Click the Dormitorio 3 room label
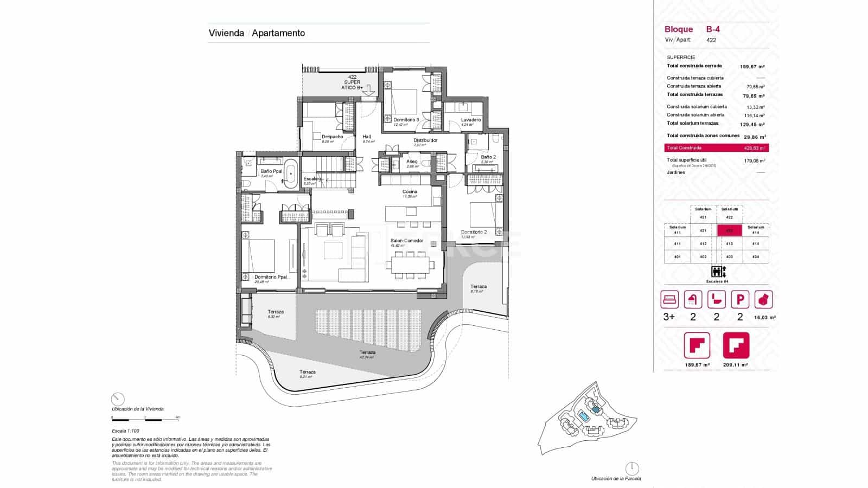click(x=406, y=119)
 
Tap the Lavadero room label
click(x=471, y=120)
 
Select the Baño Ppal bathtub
click(x=291, y=173)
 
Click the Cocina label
click(x=410, y=191)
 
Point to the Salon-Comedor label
click(x=407, y=241)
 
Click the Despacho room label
click(x=332, y=137)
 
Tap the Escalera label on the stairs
click(x=313, y=178)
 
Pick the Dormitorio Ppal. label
click(x=271, y=277)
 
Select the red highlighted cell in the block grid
click(x=730, y=230)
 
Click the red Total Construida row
click(x=716, y=147)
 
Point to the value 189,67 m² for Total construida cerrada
click(x=752, y=67)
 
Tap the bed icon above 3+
click(x=669, y=299)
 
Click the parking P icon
click(x=740, y=299)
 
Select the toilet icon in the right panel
click(x=717, y=299)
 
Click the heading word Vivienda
click(x=226, y=33)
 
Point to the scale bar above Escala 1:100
click(x=145, y=419)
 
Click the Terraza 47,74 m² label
click(x=367, y=352)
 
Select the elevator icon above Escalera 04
click(x=716, y=272)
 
